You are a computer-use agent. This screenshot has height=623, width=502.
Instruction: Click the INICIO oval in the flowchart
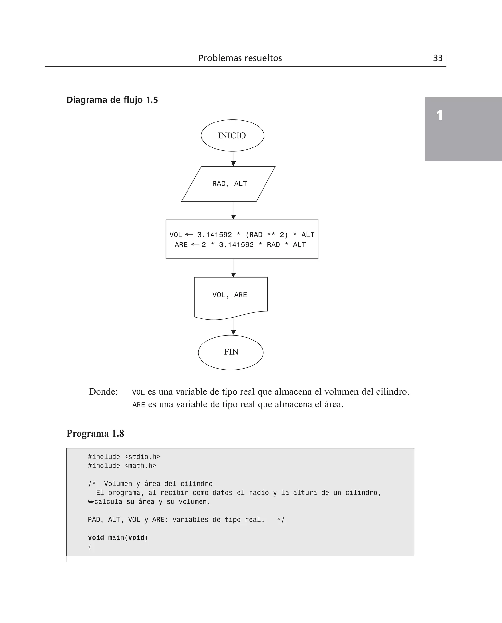coord(232,135)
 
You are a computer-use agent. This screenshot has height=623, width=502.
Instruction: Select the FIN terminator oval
coord(230,352)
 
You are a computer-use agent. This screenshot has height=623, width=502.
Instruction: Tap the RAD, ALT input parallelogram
coord(228,184)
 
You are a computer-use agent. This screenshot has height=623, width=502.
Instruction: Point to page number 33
coord(438,58)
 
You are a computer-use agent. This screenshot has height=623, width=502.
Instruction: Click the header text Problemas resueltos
coord(240,58)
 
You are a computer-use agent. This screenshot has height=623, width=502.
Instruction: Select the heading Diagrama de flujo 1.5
coord(112,100)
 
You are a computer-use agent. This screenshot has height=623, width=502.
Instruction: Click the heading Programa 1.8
coord(95,433)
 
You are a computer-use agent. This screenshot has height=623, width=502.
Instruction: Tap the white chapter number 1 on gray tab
coord(439,116)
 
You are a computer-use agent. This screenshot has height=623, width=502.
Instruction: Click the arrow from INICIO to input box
coord(233,159)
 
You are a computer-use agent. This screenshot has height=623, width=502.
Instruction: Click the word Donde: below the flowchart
coord(103,392)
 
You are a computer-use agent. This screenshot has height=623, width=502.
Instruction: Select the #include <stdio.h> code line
coord(124,457)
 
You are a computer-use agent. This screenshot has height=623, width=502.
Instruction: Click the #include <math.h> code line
coord(122,466)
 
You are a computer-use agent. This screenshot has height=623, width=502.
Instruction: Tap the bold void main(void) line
coord(118,537)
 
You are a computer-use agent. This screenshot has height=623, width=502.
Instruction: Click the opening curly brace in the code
coord(90,547)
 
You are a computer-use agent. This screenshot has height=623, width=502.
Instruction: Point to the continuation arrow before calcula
coord(91,502)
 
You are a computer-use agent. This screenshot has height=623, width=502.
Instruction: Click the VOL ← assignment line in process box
coord(242,235)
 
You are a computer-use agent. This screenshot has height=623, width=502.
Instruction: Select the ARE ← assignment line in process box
coord(240,245)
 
